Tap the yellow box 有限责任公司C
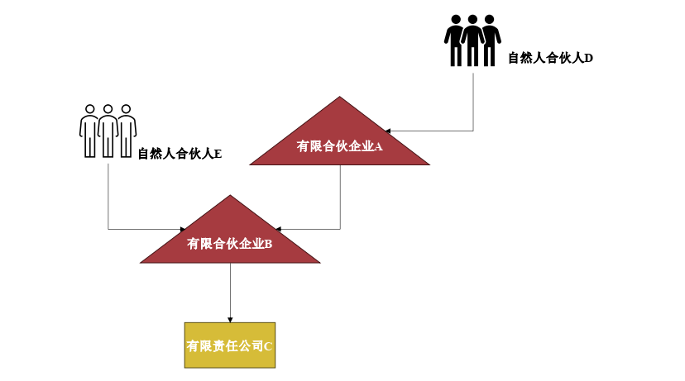(229, 345)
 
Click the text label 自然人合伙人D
(550, 58)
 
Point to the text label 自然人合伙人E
(180, 154)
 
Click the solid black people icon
(472, 40)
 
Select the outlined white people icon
(108, 130)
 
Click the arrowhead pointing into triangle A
(386, 131)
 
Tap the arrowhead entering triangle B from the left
(183, 229)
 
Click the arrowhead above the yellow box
(230, 319)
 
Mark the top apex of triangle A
(339, 98)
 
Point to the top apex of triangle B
(230, 196)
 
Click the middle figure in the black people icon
(472, 40)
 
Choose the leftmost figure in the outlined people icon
(89, 130)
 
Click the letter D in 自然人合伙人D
(588, 58)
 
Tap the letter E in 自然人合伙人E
(218, 154)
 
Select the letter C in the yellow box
(268, 346)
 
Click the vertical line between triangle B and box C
(230, 289)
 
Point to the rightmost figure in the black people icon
(491, 40)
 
